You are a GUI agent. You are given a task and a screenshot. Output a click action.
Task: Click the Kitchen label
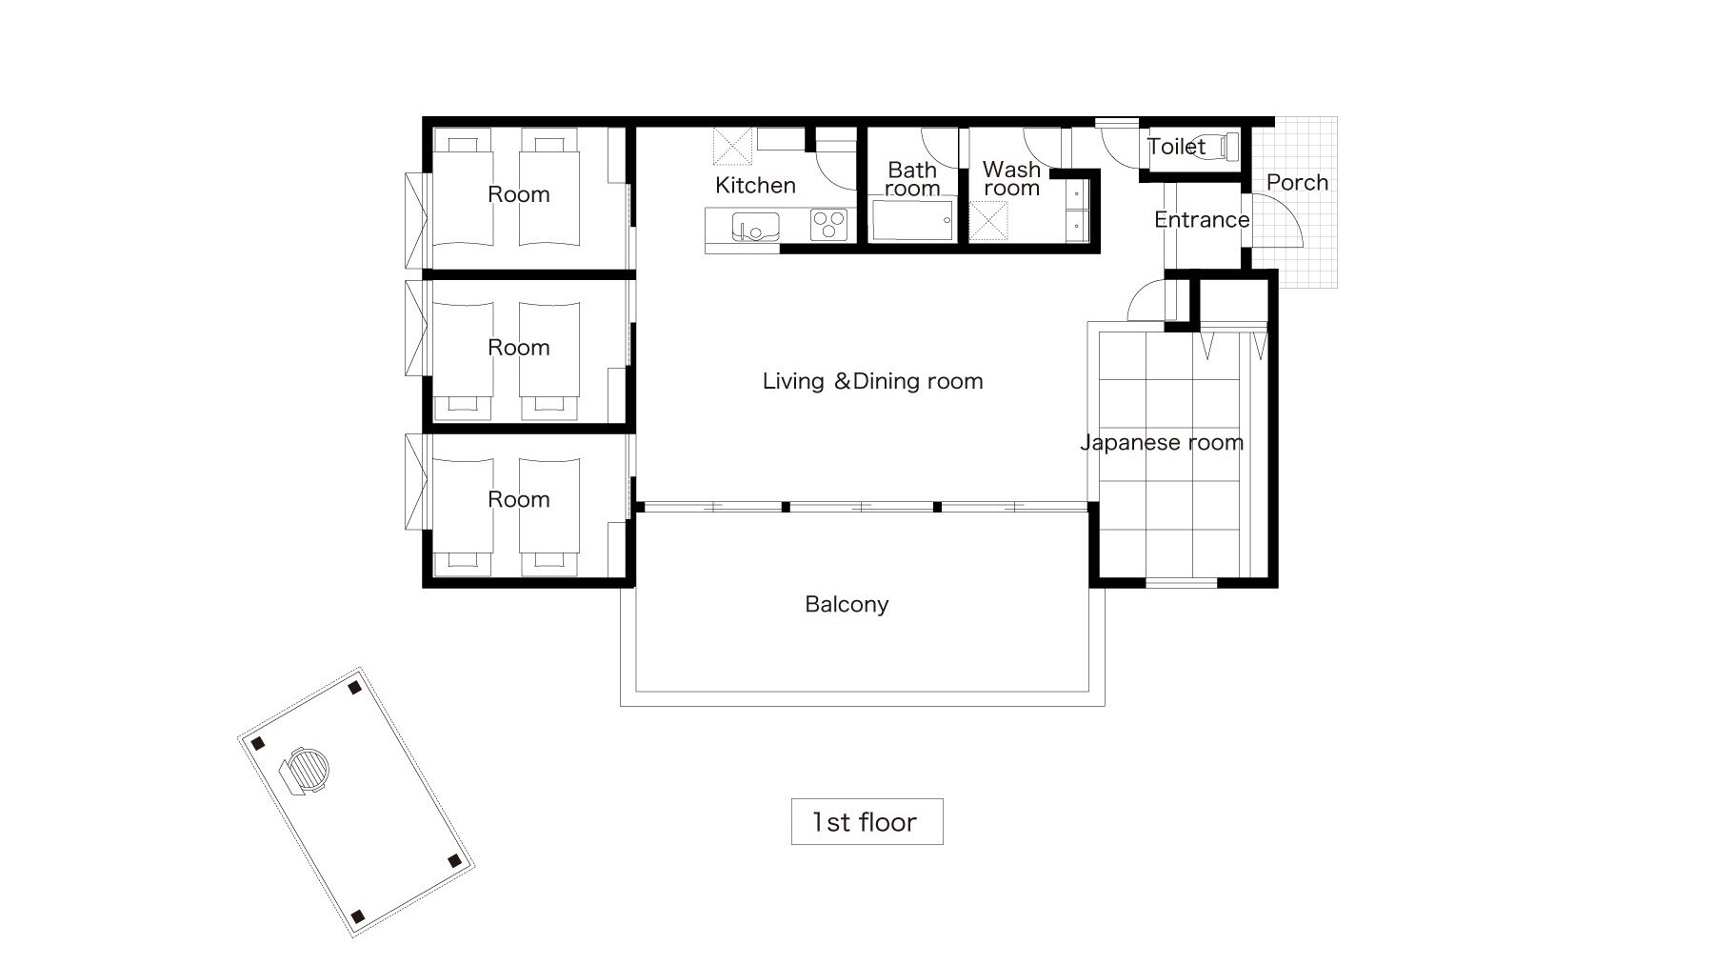(755, 185)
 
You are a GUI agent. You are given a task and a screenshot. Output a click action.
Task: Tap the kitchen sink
(755, 227)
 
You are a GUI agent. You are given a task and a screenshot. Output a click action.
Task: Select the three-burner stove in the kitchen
(828, 225)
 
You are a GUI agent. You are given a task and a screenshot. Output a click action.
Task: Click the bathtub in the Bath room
(912, 220)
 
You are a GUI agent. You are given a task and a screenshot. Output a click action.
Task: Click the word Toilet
(1176, 146)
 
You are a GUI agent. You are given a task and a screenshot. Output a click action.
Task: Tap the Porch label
(1297, 182)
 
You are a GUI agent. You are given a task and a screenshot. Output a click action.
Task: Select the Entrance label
(1202, 219)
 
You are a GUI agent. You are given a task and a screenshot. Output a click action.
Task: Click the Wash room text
(1011, 178)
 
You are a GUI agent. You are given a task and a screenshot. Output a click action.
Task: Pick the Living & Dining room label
(872, 381)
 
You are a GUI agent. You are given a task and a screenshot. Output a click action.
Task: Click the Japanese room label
(1162, 442)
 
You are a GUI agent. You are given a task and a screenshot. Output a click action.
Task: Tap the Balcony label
(847, 604)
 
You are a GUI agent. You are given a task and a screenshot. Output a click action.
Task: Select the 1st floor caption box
(867, 821)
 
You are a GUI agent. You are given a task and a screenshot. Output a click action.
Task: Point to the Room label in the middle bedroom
(518, 347)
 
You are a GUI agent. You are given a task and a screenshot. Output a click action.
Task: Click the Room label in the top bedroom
(518, 193)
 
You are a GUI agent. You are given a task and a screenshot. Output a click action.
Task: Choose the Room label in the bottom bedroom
(518, 499)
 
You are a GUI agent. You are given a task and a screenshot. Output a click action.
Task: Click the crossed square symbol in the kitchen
(732, 146)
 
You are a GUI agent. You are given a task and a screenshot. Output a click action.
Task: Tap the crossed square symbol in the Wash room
(988, 221)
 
